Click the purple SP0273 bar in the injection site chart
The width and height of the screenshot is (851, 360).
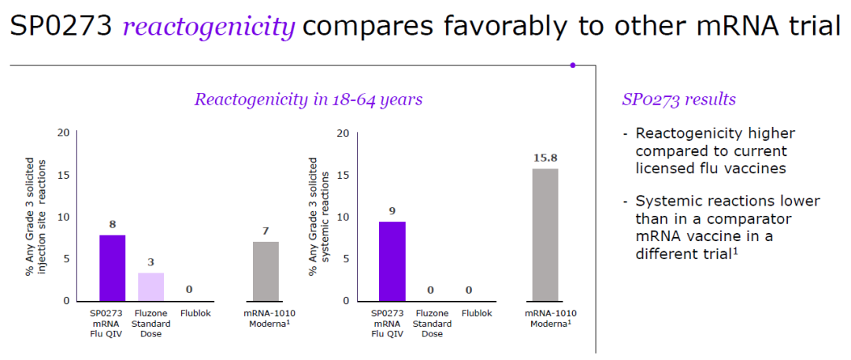[112, 268]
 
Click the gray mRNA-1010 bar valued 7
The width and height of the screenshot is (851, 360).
[266, 271]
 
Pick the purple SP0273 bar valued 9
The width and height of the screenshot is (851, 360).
[392, 262]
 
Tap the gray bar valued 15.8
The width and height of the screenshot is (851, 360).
[545, 235]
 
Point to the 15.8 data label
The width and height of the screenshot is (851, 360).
[545, 158]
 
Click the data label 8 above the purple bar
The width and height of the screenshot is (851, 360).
[112, 225]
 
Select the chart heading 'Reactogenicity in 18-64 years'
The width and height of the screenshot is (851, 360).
[308, 99]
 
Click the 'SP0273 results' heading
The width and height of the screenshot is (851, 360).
[678, 99]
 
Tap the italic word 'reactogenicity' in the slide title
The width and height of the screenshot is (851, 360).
[209, 27]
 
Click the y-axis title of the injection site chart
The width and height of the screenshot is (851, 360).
[35, 217]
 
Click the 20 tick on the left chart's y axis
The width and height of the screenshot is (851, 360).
[62, 133]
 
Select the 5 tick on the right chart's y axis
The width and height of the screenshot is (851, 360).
[344, 258]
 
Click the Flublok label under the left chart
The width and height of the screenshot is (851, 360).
[190, 313]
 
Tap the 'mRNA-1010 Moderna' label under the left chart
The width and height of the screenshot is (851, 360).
[266, 317]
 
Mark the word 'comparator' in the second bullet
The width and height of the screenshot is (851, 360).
[757, 218]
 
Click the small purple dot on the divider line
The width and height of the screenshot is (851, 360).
[573, 65]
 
